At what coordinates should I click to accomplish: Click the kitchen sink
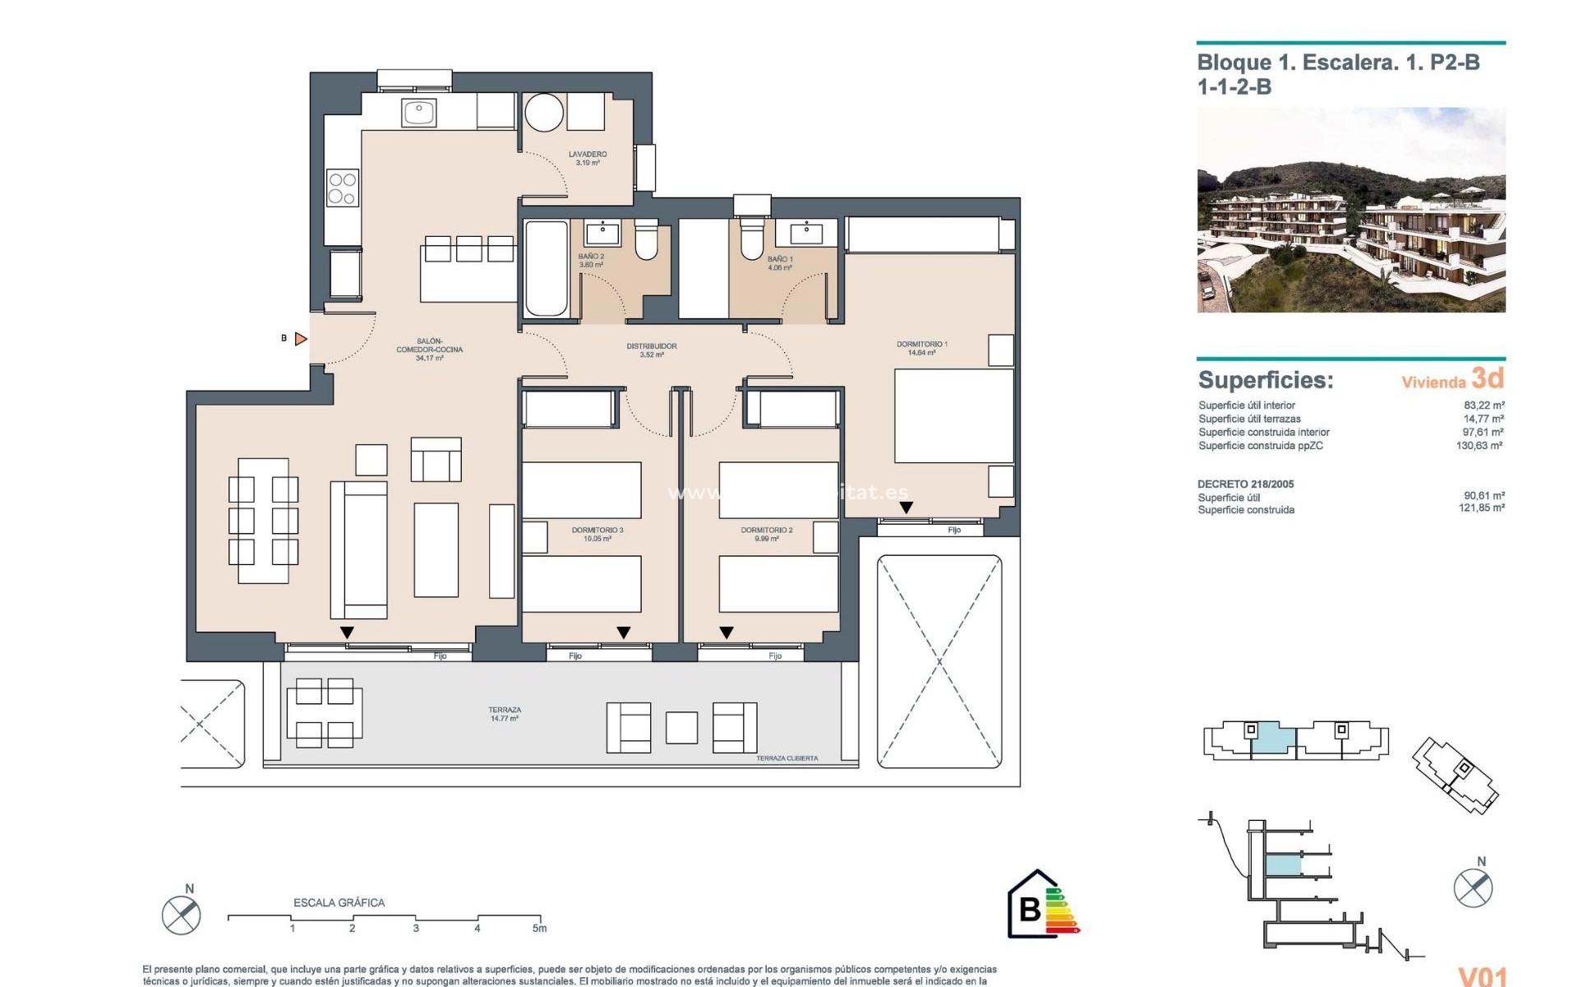coord(418,113)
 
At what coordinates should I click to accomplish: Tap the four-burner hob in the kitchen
coord(342,188)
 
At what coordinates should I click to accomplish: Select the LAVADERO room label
coord(588,158)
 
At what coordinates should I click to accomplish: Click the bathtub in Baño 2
coord(546,268)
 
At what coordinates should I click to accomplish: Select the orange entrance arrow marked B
coord(301,339)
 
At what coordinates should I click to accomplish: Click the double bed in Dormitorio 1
coord(953,416)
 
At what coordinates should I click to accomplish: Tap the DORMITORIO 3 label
coord(598,534)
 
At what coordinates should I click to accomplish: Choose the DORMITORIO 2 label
coord(767,534)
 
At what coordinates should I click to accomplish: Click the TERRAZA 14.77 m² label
coord(505,714)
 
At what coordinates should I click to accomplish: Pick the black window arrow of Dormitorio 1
coord(906,508)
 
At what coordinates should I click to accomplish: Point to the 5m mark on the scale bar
coord(539,928)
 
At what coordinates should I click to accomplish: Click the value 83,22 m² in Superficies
coord(1483,405)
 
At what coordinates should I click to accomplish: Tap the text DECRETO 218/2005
coord(1245,484)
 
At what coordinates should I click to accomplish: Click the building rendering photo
coord(1351,210)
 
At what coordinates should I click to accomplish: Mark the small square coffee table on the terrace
coord(681,728)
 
